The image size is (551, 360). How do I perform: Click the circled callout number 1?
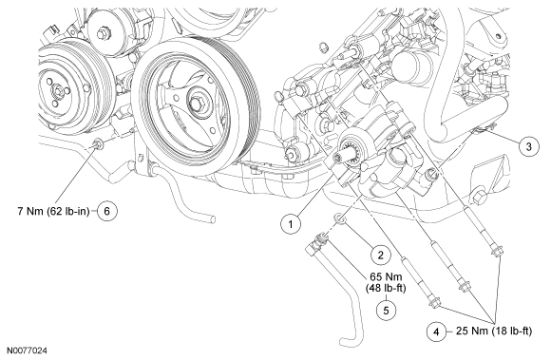point(291,224)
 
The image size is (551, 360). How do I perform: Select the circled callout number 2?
point(381,255)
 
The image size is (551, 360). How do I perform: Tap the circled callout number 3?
point(529,146)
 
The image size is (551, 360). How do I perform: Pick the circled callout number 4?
point(437,332)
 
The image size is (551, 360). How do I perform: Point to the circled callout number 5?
point(387,310)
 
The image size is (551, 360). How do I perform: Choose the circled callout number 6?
point(107,211)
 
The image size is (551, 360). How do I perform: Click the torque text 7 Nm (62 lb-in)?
point(54,212)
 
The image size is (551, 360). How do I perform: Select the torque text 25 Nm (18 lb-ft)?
point(494,331)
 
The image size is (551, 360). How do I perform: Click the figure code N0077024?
point(28,351)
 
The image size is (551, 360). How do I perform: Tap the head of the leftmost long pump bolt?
point(434,303)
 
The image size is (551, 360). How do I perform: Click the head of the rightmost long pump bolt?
point(497,251)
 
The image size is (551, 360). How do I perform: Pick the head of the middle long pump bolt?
point(464,285)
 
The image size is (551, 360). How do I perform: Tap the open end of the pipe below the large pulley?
point(212,219)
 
